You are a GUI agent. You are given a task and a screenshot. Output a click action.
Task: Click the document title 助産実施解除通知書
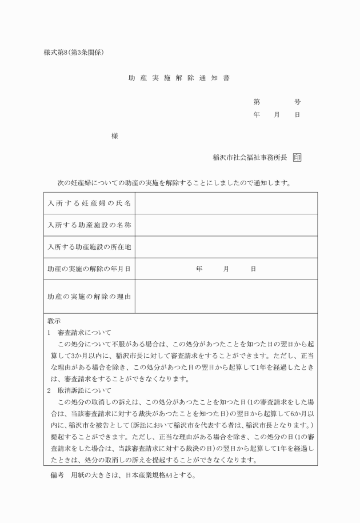point(179,78)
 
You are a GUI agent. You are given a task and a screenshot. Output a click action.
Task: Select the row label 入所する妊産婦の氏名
point(89,203)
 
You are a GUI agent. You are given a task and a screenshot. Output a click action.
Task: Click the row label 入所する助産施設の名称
point(89,225)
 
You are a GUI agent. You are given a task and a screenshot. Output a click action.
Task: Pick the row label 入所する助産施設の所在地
point(89,247)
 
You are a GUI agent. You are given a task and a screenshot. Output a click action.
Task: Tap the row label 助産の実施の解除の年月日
point(89,269)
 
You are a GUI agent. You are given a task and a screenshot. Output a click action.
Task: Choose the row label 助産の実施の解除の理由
point(89,297)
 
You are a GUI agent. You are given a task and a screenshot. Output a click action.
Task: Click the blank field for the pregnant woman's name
point(226,203)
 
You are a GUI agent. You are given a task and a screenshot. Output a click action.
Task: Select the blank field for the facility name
point(226,225)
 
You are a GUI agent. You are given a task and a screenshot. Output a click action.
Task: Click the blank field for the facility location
point(226,247)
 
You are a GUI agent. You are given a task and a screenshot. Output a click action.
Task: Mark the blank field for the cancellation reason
point(226,297)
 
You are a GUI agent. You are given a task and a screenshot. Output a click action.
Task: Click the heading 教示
point(54,321)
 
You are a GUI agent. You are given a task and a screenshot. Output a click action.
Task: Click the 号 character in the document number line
point(297,102)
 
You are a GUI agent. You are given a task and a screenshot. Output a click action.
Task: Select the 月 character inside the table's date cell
point(226,269)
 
